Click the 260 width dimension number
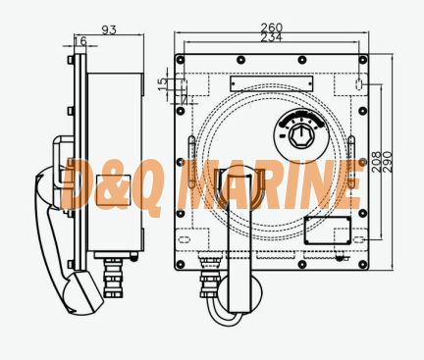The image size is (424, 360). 271,27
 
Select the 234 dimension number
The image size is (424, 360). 271,37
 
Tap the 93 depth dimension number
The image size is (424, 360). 109,29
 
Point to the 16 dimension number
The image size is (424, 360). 80,41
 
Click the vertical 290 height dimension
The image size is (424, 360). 388,162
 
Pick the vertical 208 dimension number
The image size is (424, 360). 377,162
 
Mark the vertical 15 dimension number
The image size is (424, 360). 162,84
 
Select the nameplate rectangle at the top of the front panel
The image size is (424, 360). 271,83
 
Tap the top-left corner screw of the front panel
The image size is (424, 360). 180,60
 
